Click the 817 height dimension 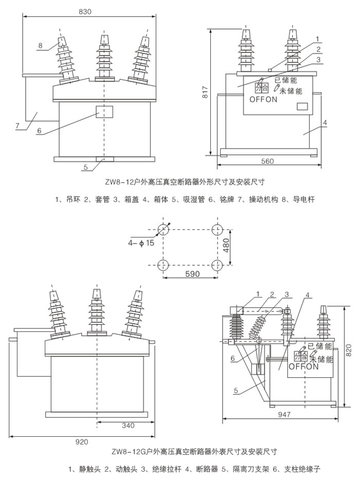point(204,91)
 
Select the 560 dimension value point(267,161)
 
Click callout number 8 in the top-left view point(40,45)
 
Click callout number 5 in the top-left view point(86,167)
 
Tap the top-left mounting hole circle point(163,229)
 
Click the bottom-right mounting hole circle point(217,265)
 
